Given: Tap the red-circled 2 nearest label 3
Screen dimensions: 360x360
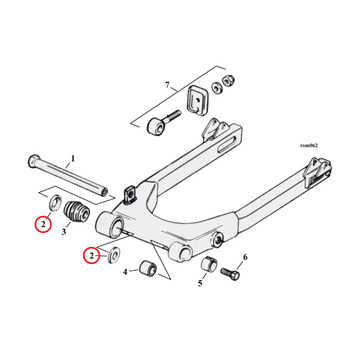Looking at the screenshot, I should [43, 224].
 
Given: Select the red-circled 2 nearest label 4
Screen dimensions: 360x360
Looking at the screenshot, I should [90, 255].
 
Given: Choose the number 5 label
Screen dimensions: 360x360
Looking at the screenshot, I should [200, 284].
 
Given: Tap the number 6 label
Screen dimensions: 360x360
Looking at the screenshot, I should [245, 257].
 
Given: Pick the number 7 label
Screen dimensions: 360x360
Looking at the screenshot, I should [167, 85].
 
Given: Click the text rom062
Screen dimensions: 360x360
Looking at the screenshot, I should [308, 146].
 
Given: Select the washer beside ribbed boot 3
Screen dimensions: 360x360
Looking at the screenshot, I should [55, 203].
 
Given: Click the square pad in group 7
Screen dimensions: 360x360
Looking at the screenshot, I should [196, 98].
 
